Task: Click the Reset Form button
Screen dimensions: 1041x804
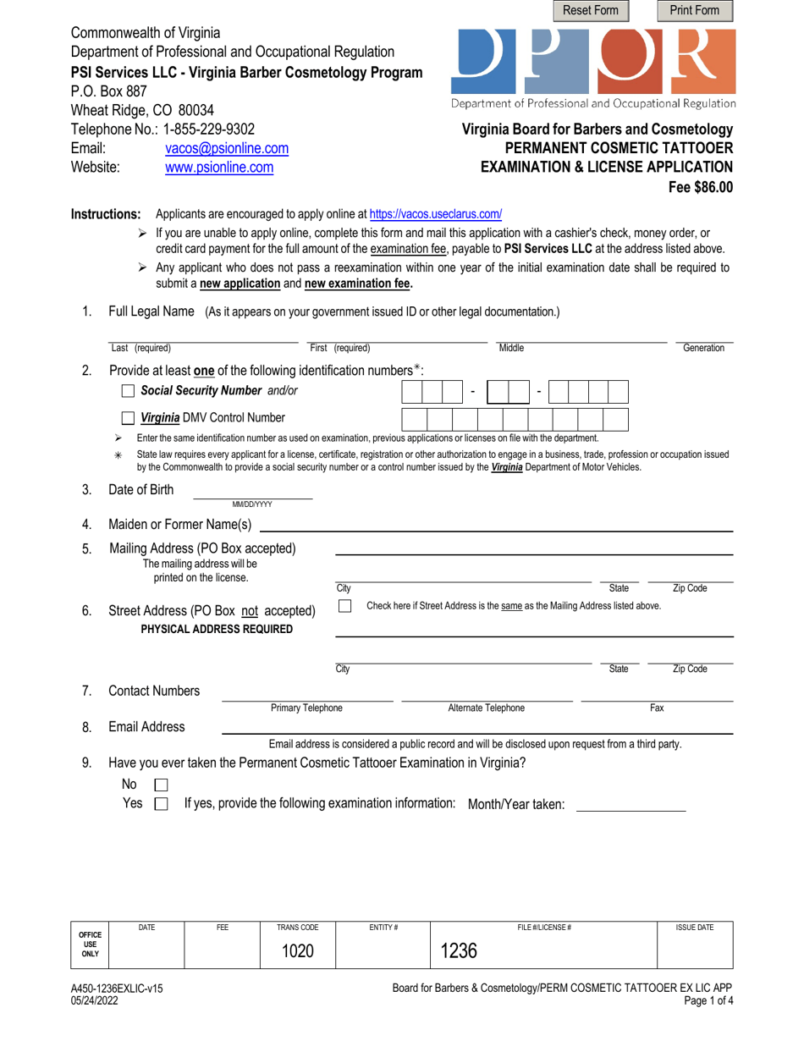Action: (x=591, y=10)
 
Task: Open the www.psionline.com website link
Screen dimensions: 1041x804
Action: (x=218, y=168)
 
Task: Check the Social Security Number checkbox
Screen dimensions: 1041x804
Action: (x=129, y=391)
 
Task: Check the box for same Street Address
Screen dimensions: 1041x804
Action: (x=344, y=606)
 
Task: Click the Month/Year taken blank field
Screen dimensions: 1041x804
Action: (x=630, y=805)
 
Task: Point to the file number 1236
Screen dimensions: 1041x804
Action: (x=459, y=950)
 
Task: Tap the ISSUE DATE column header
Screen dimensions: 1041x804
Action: (x=694, y=928)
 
